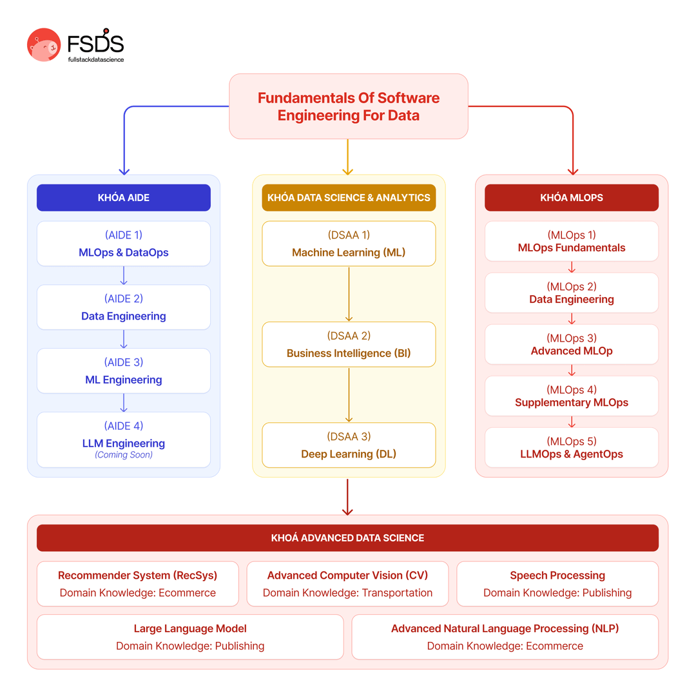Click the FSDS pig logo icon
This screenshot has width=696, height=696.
click(x=44, y=45)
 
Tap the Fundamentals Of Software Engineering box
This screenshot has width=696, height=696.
click(x=348, y=106)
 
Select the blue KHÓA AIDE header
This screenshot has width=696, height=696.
click(x=124, y=198)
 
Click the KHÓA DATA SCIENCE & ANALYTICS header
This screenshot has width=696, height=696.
click(x=349, y=198)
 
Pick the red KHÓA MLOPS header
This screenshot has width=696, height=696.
click(x=572, y=198)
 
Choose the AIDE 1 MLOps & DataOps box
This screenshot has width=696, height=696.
click(x=124, y=244)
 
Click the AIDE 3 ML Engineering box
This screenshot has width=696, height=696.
click(x=124, y=371)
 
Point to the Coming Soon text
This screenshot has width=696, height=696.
click(x=124, y=455)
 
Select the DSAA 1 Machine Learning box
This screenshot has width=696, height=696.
click(x=349, y=244)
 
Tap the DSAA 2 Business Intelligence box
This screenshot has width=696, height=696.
click(x=349, y=345)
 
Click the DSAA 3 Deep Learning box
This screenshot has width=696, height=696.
click(x=349, y=445)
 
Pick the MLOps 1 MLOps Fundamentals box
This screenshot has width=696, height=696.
click(x=572, y=241)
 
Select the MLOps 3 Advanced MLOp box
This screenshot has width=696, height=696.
click(x=572, y=344)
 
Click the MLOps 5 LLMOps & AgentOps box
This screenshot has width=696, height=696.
click(x=572, y=447)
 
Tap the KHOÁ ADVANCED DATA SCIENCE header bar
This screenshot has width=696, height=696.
click(x=347, y=537)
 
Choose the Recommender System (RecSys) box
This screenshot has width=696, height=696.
click(x=138, y=584)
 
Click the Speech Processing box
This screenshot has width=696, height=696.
click(x=557, y=584)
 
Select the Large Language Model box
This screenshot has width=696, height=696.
click(x=190, y=637)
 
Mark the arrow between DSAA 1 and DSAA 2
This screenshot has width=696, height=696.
click(x=349, y=294)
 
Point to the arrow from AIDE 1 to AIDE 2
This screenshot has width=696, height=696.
click(x=124, y=276)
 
